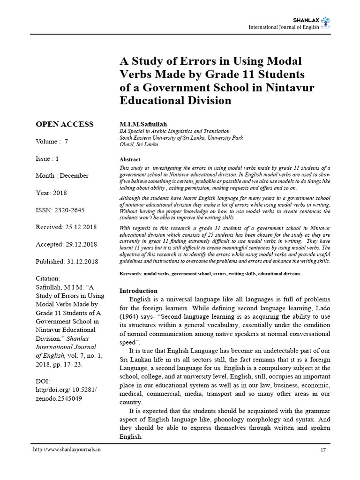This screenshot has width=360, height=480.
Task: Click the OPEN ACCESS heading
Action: (65, 124)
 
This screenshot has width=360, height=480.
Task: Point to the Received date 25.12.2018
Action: (80, 227)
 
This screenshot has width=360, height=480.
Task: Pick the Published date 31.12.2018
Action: (82, 261)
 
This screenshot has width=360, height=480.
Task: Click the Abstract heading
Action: (130, 159)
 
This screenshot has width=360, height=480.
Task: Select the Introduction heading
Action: (138, 291)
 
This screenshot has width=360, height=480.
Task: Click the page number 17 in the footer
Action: (322, 450)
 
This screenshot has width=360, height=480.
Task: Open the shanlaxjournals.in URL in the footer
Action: (67, 450)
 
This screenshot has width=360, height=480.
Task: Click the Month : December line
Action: (62, 175)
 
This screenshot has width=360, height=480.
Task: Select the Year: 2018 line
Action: (52, 193)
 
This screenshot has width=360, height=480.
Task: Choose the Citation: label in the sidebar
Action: (48, 278)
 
